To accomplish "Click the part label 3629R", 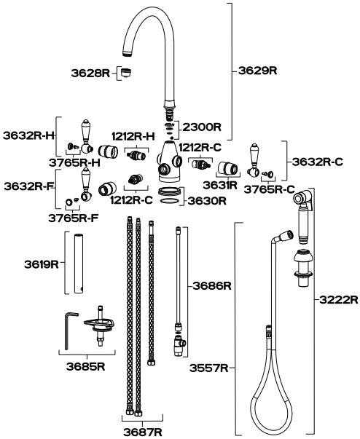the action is (257, 71).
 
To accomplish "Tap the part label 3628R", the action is (90, 73).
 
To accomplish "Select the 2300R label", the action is (202, 127).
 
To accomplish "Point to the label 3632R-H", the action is (28, 135).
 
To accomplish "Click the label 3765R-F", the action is (74, 218).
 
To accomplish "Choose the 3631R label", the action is (220, 185).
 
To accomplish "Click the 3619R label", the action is (42, 264).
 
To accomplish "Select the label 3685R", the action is (86, 366).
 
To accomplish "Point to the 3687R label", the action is (143, 432).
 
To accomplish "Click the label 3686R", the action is (212, 286).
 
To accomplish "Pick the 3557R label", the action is (209, 368).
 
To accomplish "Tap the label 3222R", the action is (339, 300).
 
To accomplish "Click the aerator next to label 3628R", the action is (126, 73).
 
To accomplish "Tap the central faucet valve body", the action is (168, 162).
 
